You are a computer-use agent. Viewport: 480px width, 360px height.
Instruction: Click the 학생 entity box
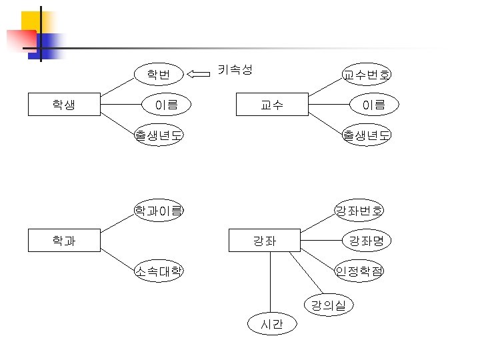(x=64, y=105)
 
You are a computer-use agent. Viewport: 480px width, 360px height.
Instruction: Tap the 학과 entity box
(x=64, y=240)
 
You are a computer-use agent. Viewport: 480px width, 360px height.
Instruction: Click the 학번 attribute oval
(x=159, y=73)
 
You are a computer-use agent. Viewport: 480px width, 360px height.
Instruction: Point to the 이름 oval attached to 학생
(x=166, y=105)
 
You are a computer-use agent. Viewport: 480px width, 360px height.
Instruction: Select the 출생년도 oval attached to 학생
(x=159, y=135)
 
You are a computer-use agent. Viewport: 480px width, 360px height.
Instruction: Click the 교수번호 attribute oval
(x=367, y=74)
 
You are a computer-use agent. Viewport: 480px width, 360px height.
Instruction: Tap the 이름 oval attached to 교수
(x=374, y=105)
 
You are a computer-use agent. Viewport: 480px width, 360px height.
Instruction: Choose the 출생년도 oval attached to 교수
(x=367, y=135)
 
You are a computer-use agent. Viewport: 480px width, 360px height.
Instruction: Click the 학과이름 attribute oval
(x=159, y=211)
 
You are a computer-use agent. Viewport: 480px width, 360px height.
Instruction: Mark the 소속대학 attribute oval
(x=159, y=271)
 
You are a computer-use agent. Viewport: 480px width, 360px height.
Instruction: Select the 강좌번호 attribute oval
(x=359, y=211)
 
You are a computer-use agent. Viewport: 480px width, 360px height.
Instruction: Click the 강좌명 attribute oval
(x=367, y=240)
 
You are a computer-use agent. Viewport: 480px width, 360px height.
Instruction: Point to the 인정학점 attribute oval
(x=359, y=271)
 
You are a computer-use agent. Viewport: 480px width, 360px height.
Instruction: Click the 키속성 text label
(x=235, y=69)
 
